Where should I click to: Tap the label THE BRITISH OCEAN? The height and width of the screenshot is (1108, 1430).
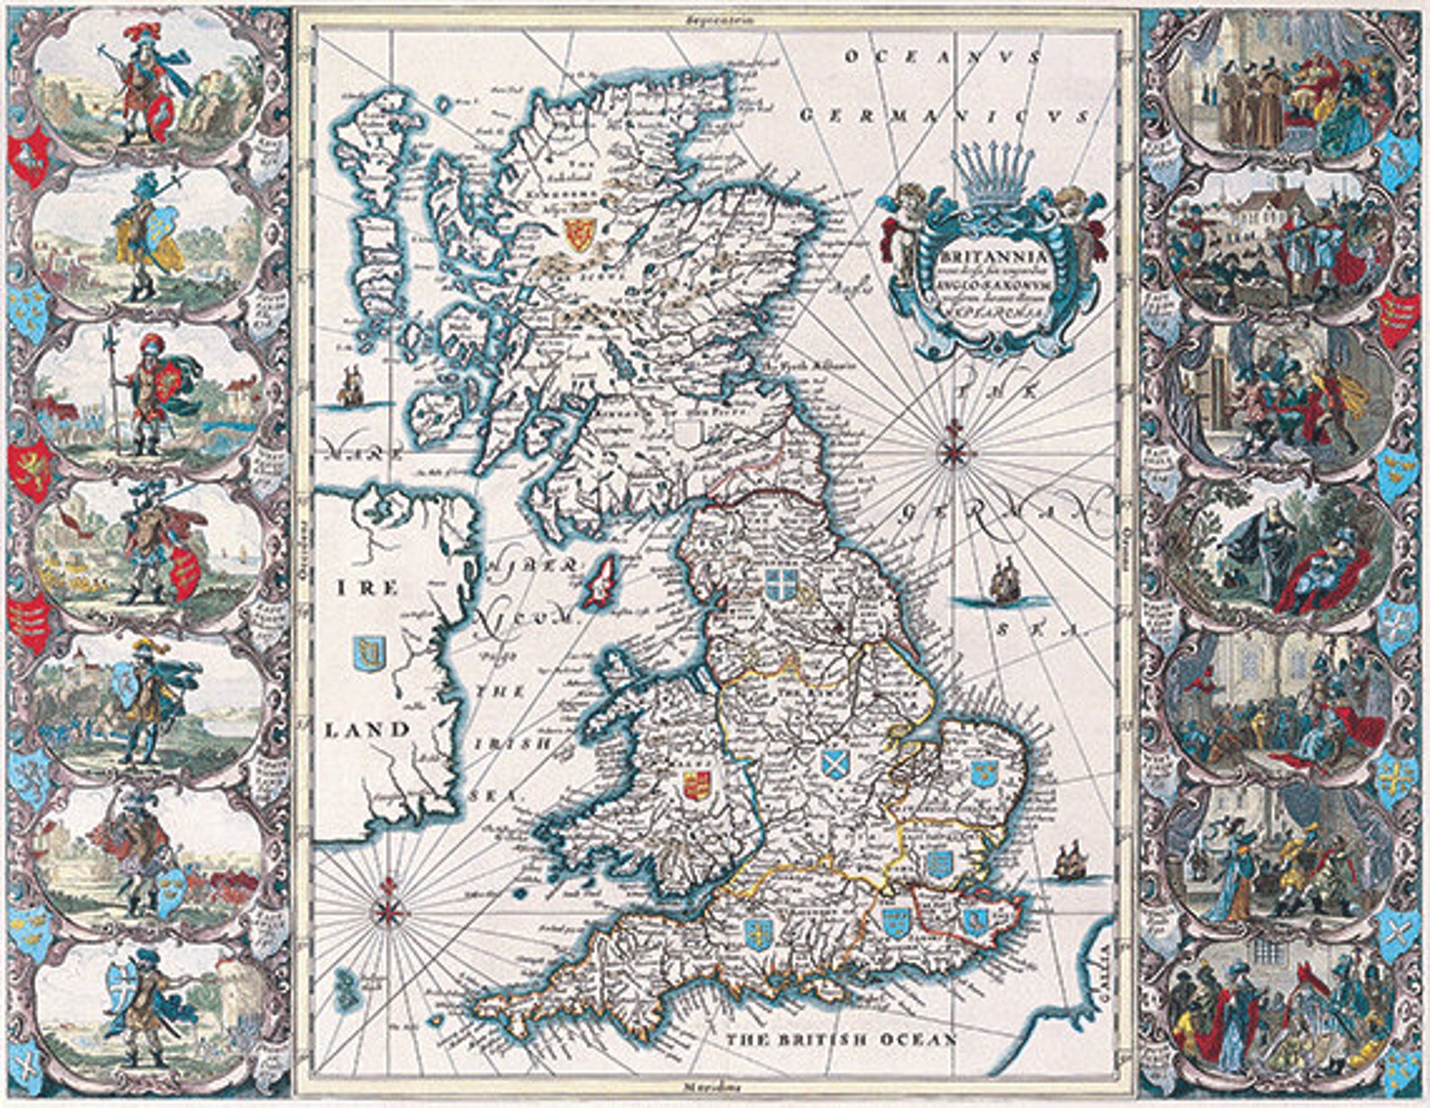[842, 1040]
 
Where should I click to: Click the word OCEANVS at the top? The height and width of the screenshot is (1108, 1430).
[943, 57]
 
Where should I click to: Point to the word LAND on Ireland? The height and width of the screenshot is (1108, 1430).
[367, 729]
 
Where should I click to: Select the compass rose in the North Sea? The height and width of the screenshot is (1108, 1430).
[953, 446]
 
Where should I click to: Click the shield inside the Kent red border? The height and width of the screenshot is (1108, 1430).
[973, 919]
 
